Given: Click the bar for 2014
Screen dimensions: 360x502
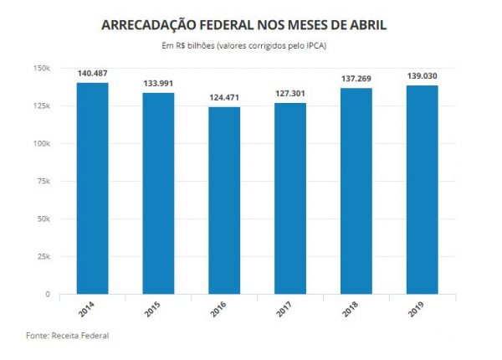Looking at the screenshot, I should (93, 188).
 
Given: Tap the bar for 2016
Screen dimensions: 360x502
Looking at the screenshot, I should (223, 201).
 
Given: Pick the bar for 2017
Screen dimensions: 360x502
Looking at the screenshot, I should (289, 198).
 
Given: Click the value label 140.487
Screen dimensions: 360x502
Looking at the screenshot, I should (93, 74).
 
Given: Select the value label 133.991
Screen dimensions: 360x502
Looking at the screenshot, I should (158, 84).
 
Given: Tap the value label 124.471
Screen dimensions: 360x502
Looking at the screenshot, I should (223, 99).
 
